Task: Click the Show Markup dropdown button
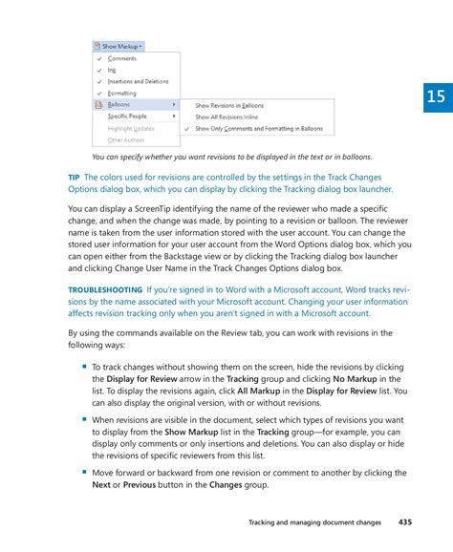[x=119, y=45]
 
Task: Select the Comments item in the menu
[x=121, y=58]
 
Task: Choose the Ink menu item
[x=112, y=70]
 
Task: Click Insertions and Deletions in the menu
[x=138, y=81]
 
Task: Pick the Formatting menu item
[x=121, y=93]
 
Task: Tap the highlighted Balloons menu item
[x=119, y=104]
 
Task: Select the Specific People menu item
[x=127, y=116]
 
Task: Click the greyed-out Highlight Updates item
[x=130, y=128]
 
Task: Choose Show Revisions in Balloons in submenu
[x=229, y=105]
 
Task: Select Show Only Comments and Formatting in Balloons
[x=258, y=128]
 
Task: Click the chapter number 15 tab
[x=436, y=96]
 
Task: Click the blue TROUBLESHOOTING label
[x=103, y=289]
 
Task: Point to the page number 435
[x=406, y=522]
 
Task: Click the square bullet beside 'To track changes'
[x=84, y=366]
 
